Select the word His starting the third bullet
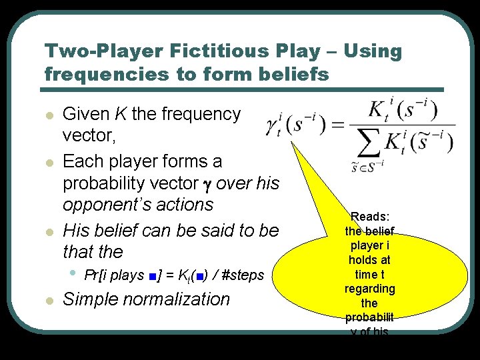(x=77, y=231)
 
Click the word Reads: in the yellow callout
(x=371, y=217)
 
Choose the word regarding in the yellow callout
(x=370, y=289)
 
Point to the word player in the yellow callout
(x=370, y=245)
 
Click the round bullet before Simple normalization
(x=48, y=301)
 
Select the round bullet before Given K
(x=48, y=115)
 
